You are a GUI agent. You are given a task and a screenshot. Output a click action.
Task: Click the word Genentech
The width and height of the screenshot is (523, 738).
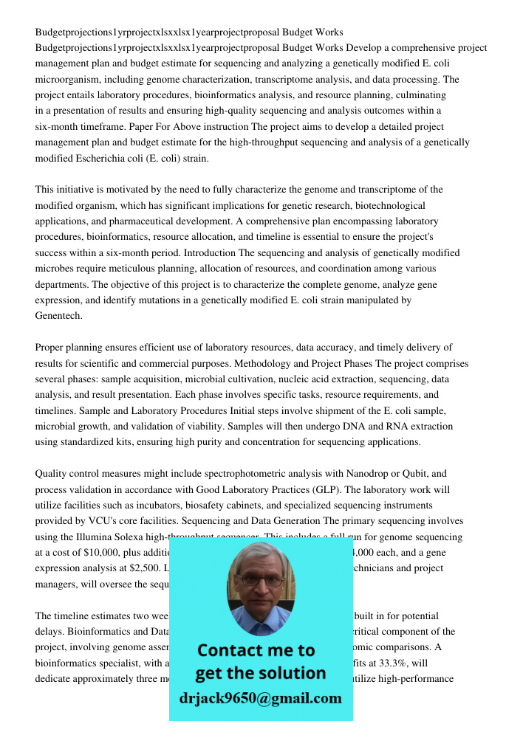tap(58, 316)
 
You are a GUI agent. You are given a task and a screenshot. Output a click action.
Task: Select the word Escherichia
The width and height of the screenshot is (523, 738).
tap(96, 158)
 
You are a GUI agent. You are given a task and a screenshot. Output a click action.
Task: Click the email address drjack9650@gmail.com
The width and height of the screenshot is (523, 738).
tap(261, 698)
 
